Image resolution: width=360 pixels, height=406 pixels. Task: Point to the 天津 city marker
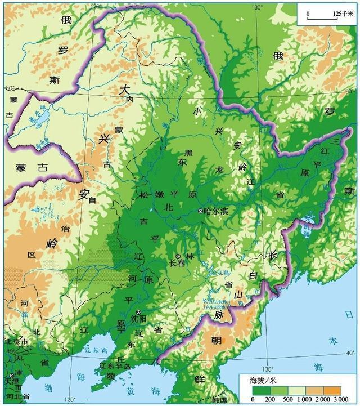11,376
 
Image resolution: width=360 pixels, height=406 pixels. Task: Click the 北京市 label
15,342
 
